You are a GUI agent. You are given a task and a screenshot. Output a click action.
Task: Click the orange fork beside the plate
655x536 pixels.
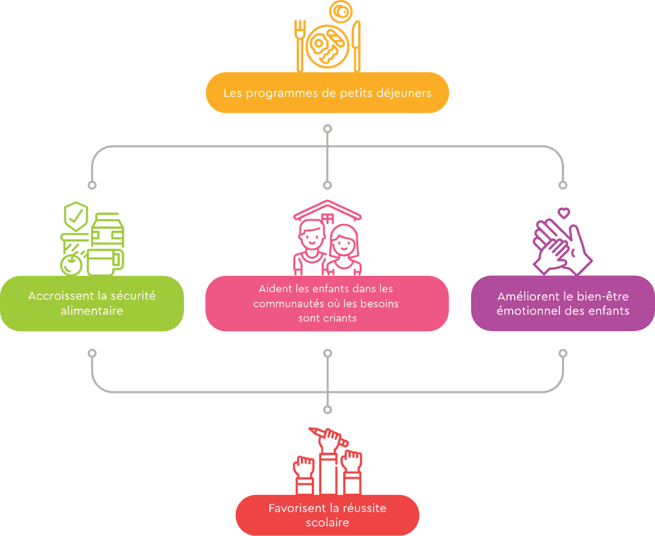coord(300,46)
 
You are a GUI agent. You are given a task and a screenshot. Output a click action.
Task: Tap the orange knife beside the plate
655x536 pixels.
coord(357,46)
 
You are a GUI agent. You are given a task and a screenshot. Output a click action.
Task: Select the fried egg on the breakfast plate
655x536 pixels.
coord(319,44)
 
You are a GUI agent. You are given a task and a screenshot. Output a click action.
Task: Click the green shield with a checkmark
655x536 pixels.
coord(76,216)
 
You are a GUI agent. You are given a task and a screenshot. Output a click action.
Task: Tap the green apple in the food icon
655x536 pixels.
coord(71,264)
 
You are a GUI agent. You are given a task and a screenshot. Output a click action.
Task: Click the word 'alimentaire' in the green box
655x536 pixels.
coord(92,311)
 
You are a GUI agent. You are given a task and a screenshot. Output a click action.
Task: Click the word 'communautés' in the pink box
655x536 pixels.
coord(287,304)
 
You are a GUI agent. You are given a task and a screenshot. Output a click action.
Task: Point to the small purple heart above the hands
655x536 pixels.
coord(564,213)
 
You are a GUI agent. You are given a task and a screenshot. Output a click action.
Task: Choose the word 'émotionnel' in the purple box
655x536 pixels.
coord(529,311)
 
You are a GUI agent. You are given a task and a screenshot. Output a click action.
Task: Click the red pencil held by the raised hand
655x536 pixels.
coord(328,435)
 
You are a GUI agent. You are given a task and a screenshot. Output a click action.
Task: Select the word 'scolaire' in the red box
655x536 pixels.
coord(327,522)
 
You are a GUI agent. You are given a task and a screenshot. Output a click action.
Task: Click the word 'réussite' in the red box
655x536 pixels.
coord(364,508)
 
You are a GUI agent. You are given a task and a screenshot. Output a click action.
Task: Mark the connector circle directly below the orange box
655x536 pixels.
coord(327,129)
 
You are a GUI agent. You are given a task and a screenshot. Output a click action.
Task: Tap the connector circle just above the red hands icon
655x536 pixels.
coord(327,410)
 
